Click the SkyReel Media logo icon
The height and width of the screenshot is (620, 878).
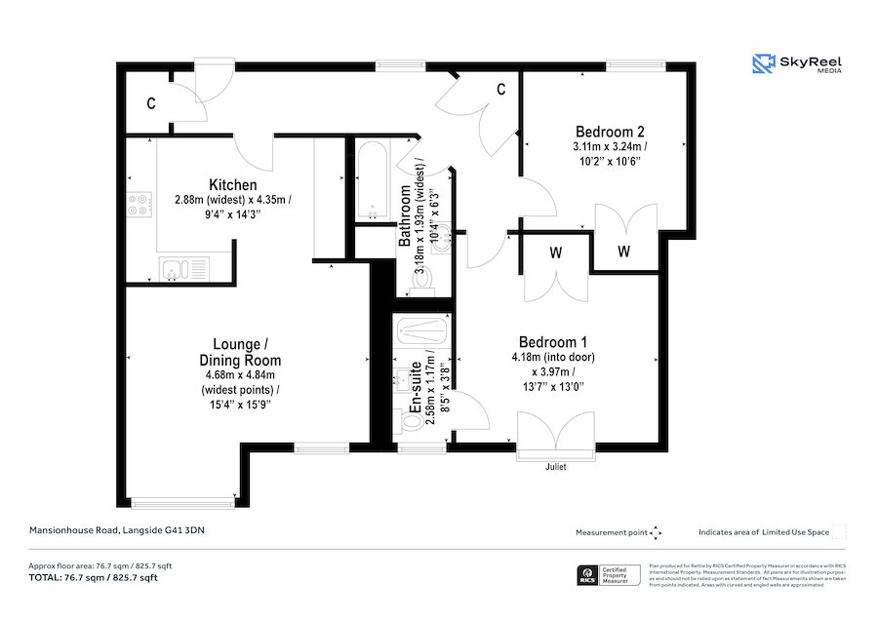tap(763, 64)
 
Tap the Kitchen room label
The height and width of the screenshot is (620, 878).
tap(233, 185)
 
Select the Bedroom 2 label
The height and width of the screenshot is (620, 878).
tap(609, 132)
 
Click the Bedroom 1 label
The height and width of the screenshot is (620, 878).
tap(552, 342)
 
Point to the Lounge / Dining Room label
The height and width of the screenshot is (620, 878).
tap(237, 353)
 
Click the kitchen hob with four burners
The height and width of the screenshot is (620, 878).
tap(140, 205)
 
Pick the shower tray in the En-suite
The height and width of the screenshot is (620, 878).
tap(421, 329)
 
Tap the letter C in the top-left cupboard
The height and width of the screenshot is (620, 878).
tap(151, 103)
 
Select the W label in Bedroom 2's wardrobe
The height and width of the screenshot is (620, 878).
tap(623, 252)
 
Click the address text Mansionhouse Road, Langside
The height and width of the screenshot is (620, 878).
tap(117, 531)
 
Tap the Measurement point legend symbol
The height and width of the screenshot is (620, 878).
tap(656, 532)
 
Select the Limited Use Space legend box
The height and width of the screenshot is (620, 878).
tap(838, 532)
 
